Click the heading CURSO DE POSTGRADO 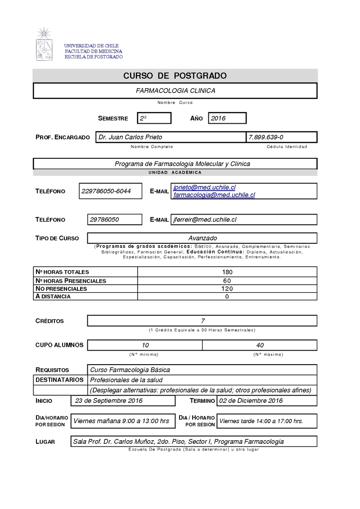pos(175,76)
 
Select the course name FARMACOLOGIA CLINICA pos(175,90)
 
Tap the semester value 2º pos(144,118)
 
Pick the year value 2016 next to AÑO pos(218,118)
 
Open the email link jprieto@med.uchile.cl pos(204,187)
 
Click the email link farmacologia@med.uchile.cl pos(214,195)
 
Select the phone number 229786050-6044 pos(106,191)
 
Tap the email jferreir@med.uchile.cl pos(205,219)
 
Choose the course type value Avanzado pos(202,238)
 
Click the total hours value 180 pos(227,272)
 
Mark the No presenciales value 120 pos(227,288)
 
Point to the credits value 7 pos(203,321)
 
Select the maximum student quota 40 pos(260,345)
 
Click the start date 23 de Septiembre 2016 pos(109,401)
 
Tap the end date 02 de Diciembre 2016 pos(251,401)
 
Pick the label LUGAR pos(45,442)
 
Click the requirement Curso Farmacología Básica pos(130,370)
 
